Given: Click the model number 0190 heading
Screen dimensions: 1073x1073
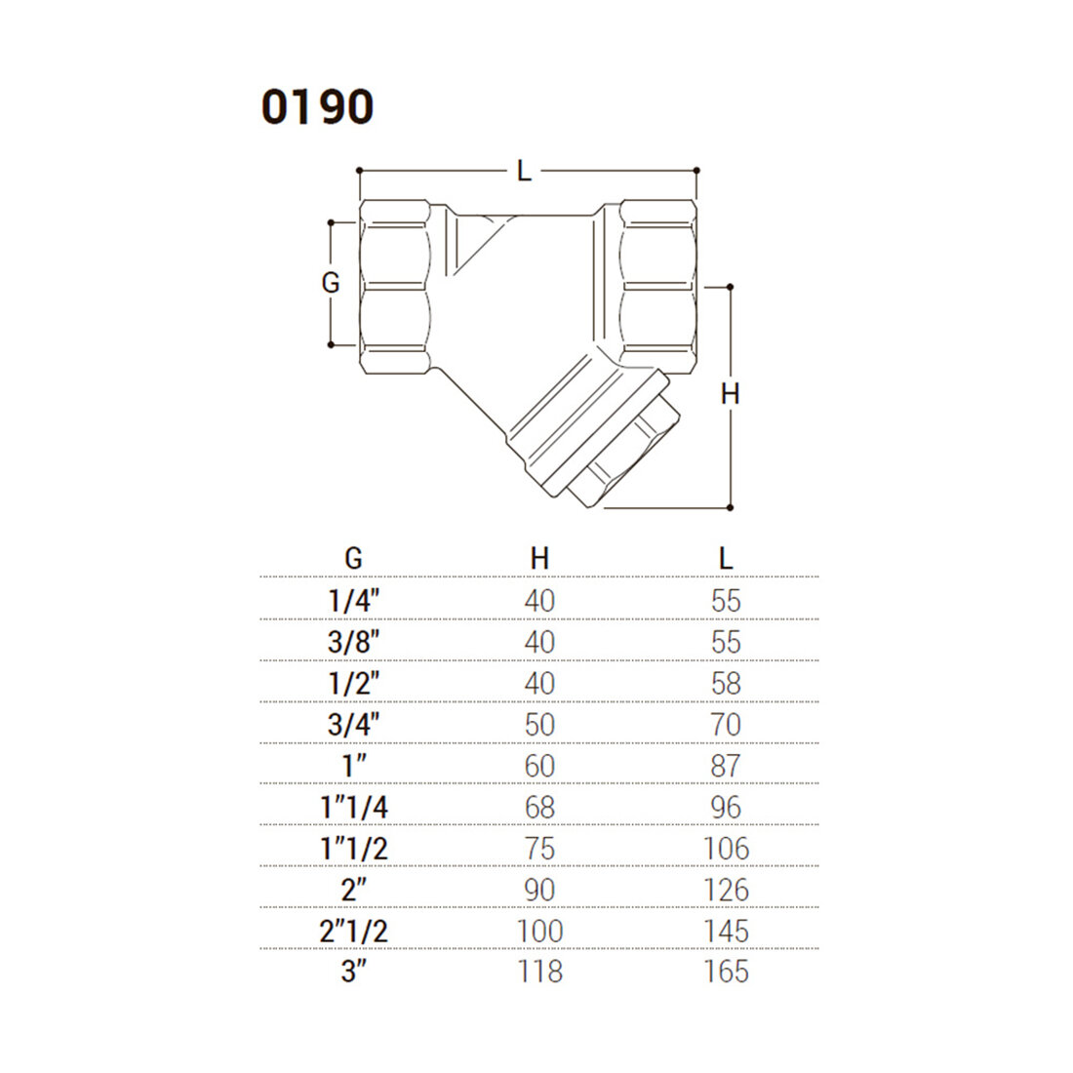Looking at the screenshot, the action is (x=317, y=107).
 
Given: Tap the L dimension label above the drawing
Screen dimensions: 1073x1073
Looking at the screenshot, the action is (x=525, y=172).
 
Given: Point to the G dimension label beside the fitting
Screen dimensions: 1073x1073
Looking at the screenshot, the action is (x=331, y=283).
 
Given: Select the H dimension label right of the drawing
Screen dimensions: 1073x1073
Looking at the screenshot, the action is (x=730, y=393).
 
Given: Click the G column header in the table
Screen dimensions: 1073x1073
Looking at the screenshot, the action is (x=353, y=558).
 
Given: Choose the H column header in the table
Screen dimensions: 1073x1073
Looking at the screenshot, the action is (x=539, y=558).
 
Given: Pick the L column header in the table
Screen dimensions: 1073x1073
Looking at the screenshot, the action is (x=725, y=558).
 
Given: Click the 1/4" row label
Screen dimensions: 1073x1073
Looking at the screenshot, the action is (x=353, y=601).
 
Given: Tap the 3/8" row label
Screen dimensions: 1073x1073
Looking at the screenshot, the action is (x=353, y=642).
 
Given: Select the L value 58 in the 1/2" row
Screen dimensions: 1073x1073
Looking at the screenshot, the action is (x=726, y=683).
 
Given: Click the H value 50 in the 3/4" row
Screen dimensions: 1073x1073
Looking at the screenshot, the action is (x=539, y=725).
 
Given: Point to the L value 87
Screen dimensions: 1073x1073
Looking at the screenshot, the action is (x=726, y=766).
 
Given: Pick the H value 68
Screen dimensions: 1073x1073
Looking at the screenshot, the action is (x=539, y=808).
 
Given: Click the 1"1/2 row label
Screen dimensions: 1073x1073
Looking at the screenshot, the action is (x=353, y=849).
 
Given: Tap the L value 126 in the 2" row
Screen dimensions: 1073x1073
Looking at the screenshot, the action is (x=726, y=890).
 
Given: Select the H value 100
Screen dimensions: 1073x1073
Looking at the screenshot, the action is (x=539, y=931).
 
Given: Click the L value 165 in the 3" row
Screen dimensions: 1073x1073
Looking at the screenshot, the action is (x=726, y=972).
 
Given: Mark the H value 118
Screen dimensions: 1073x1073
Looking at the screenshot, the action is (x=539, y=972).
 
